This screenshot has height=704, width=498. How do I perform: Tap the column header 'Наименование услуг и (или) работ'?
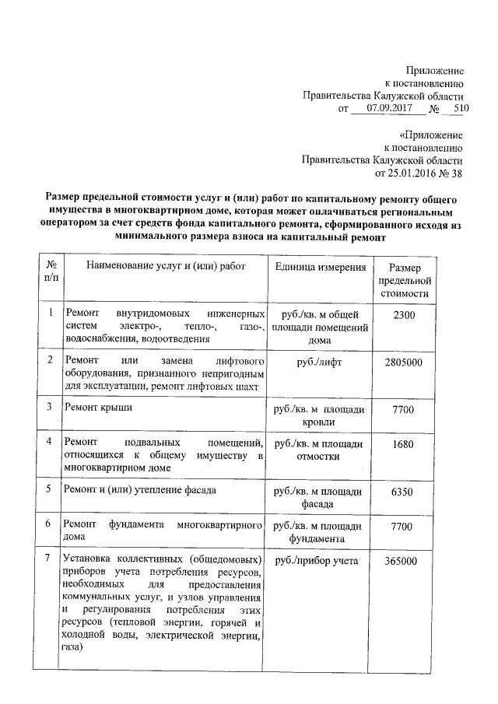[x=166, y=267]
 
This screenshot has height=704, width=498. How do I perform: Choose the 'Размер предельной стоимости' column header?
[x=404, y=281]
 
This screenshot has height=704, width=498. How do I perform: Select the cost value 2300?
[x=404, y=314]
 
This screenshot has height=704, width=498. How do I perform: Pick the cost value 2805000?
[x=404, y=363]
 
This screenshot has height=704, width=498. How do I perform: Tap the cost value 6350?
[x=404, y=492]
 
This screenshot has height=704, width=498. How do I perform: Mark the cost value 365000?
[x=404, y=561]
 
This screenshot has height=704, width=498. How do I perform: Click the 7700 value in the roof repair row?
[x=404, y=408]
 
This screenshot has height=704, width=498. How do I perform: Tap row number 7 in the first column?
[x=49, y=559]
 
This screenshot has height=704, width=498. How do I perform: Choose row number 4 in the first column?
[x=49, y=442]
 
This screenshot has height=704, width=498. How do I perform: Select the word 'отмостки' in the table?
[x=320, y=457]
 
